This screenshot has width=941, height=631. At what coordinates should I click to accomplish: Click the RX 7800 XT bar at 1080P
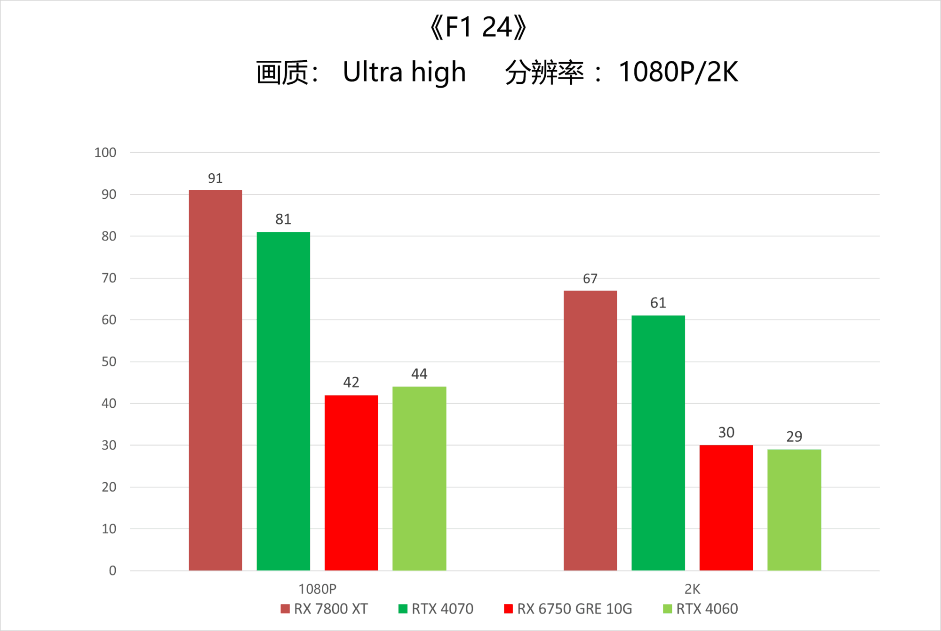click(x=215, y=380)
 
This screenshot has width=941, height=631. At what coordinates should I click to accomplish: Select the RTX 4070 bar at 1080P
click(x=283, y=401)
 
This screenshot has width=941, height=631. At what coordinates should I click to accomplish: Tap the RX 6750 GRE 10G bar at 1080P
click(x=351, y=483)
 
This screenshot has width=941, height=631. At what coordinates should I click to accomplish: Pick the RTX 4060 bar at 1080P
click(x=419, y=478)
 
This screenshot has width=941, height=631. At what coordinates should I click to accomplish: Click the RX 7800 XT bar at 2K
click(x=590, y=430)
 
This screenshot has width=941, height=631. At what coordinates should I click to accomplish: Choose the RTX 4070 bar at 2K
click(x=658, y=443)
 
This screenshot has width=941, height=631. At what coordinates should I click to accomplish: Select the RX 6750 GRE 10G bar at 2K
click(x=726, y=508)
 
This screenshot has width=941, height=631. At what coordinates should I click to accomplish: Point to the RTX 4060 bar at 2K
click(x=794, y=510)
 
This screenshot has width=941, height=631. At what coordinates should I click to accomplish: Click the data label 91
click(x=215, y=178)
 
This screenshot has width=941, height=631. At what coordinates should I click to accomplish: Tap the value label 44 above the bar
click(x=419, y=374)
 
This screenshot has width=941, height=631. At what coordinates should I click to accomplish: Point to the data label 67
click(x=590, y=279)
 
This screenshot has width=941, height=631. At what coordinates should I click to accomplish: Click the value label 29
click(x=794, y=437)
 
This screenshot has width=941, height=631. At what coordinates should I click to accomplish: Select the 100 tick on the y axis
click(x=105, y=153)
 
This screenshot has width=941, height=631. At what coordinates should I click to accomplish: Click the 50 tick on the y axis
click(x=109, y=362)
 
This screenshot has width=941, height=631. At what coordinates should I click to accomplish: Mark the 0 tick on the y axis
click(x=112, y=571)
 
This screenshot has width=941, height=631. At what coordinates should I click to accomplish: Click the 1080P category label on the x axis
click(x=318, y=589)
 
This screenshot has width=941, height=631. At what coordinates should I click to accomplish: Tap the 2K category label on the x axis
click(x=692, y=589)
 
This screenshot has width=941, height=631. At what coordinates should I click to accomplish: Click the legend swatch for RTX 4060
click(x=667, y=609)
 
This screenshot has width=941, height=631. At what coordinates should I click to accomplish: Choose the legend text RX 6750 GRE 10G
click(x=574, y=609)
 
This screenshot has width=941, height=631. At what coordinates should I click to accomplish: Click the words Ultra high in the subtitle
click(x=404, y=72)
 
